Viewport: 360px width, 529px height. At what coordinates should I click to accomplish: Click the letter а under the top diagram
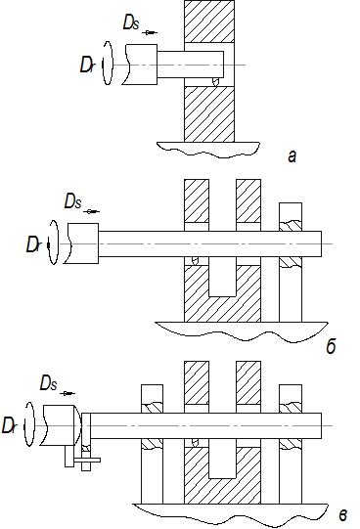coord(292,156)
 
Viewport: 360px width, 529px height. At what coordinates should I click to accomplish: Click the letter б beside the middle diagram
coord(331,345)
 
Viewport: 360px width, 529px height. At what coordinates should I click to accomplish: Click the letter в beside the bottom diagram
coord(342,515)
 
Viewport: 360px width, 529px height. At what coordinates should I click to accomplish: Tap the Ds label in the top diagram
coord(131,22)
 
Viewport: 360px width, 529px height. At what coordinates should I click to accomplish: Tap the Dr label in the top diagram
coord(87,65)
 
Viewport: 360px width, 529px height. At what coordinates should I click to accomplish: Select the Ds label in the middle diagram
coord(72,201)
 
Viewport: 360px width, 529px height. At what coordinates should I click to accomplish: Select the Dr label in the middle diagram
coord(33,244)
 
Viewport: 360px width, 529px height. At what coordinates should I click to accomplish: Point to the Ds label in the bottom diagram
coord(49,383)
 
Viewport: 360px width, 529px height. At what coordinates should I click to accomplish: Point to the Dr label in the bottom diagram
coord(9,425)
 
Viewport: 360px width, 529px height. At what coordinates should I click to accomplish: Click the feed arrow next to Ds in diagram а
coord(150,32)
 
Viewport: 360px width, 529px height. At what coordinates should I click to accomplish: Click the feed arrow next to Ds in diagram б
coord(91,211)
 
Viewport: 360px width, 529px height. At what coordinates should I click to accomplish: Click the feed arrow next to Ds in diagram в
coord(67,393)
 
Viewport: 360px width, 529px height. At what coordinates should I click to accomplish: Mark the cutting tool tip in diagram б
coord(195,261)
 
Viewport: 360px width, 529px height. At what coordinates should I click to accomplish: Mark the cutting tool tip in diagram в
coord(195,443)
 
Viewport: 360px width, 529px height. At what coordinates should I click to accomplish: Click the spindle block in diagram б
coord(81,243)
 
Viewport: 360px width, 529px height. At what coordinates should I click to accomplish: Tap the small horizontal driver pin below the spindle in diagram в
coord(87,460)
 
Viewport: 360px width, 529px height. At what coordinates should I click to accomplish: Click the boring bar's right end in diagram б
coord(321,243)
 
